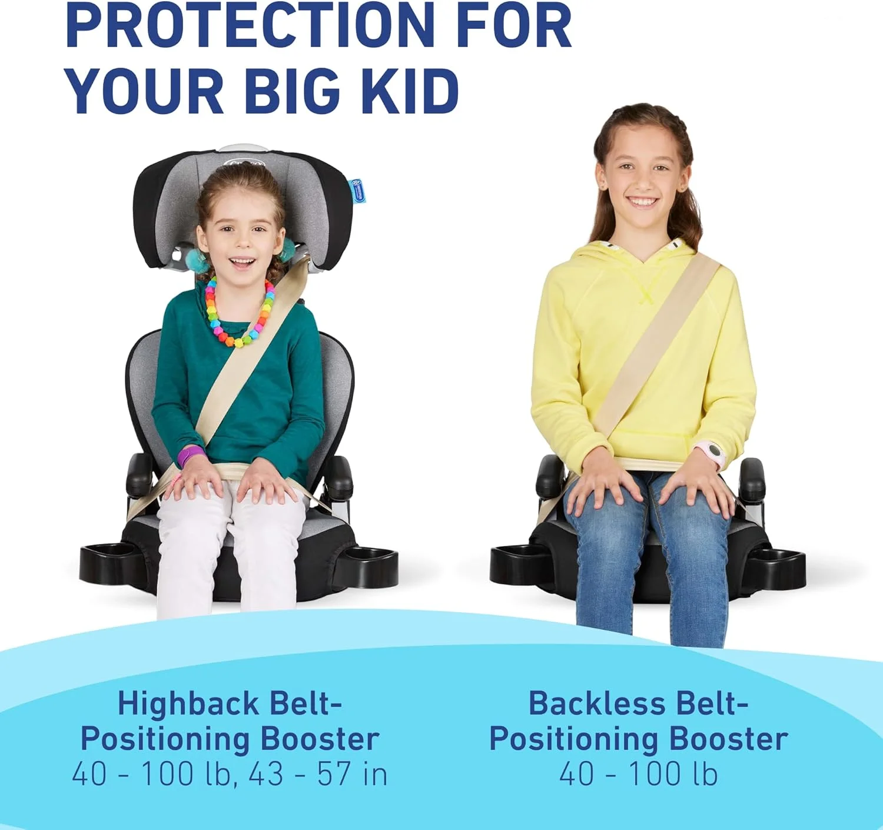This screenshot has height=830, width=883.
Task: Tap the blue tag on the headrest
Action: click(x=357, y=190)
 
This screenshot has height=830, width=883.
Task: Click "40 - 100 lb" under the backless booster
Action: click(x=639, y=775)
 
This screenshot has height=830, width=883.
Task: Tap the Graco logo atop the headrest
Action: click(x=244, y=163)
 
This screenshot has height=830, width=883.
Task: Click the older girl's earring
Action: click(x=605, y=187)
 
